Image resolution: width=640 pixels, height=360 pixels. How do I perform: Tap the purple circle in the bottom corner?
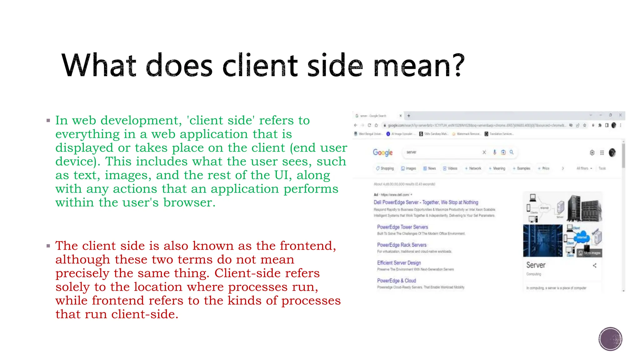[x=610, y=339]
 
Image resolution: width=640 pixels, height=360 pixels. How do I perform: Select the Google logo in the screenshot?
[x=382, y=152]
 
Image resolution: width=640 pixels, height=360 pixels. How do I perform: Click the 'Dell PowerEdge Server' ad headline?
[x=426, y=202]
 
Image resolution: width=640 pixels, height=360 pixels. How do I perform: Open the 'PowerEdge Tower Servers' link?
[x=402, y=227]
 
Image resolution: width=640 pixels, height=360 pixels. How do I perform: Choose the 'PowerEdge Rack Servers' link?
[x=402, y=245]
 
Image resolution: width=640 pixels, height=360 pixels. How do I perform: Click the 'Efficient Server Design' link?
[x=399, y=263]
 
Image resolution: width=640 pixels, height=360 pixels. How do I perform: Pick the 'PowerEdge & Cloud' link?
[x=396, y=281]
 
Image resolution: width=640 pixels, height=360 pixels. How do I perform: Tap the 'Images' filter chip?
[x=408, y=168]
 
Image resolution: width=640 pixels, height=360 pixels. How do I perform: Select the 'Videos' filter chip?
[x=450, y=168]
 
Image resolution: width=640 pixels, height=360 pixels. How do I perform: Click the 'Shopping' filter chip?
[x=385, y=168]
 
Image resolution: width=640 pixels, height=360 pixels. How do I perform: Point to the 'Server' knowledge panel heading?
[x=536, y=265]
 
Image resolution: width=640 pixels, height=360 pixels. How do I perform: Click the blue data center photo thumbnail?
[x=542, y=241]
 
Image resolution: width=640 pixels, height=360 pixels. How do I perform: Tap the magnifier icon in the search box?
[x=512, y=152]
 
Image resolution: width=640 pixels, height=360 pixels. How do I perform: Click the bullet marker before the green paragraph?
[x=48, y=120]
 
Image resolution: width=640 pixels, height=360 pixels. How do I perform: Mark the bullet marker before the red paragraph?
[x=48, y=246]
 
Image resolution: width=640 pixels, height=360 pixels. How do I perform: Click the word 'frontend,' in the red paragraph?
[x=308, y=246]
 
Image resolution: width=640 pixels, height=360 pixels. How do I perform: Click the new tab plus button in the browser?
[x=408, y=116]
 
